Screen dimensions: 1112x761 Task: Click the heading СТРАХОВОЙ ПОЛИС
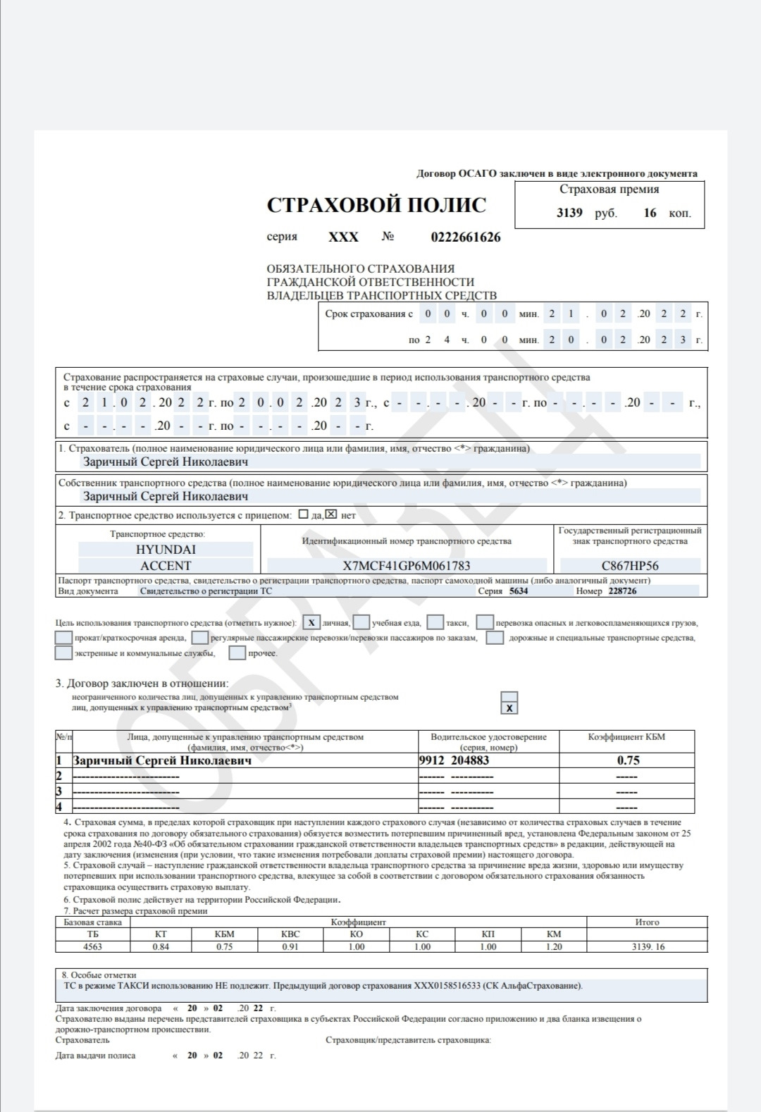point(376,205)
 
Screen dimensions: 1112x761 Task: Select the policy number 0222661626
point(466,237)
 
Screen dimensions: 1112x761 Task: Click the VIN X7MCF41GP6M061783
point(407,566)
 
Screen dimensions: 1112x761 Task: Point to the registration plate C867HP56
point(630,566)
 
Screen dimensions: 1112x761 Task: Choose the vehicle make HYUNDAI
point(166,550)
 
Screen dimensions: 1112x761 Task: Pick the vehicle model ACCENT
point(166,566)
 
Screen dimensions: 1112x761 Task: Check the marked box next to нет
point(331,514)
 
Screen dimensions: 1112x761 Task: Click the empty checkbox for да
point(304,514)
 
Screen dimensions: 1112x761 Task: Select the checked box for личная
point(311,623)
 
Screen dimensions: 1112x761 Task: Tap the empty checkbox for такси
point(435,623)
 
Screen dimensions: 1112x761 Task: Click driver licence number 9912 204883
point(454,760)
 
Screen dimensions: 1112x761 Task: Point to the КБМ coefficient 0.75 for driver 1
point(628,760)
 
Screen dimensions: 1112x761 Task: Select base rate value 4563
point(92,946)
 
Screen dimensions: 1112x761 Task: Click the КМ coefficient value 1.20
point(554,946)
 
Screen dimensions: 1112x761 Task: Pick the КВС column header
point(290,934)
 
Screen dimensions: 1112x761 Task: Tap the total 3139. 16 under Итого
point(647,946)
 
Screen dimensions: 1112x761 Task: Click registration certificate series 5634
point(519,591)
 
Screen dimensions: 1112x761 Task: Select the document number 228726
point(622,591)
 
